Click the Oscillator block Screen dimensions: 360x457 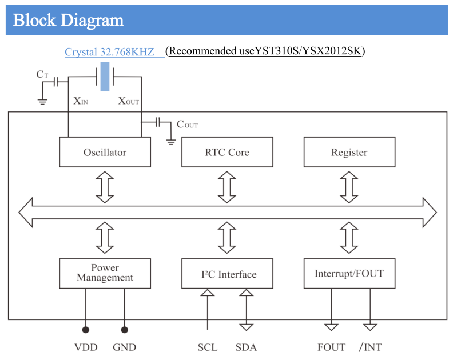point(105,153)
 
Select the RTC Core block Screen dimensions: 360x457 point(226,153)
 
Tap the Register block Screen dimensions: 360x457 point(349,153)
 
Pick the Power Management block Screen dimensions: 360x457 point(105,273)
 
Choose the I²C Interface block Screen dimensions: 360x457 point(226,274)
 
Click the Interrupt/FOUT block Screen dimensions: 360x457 point(349,274)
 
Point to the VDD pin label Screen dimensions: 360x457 point(86,347)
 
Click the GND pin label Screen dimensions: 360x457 point(124,347)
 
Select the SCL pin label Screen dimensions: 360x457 point(208,347)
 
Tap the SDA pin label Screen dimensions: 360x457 point(246,347)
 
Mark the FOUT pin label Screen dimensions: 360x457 point(332,347)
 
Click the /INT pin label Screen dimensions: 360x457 point(370,347)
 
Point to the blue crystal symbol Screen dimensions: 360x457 point(105,77)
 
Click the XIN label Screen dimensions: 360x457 point(81,101)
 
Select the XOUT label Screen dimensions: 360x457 point(128,101)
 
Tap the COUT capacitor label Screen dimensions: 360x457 point(187,124)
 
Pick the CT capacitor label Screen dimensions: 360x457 point(42,74)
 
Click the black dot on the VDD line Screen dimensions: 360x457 point(86,330)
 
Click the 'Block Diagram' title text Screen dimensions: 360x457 point(68,21)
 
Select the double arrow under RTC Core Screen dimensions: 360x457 point(226,187)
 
